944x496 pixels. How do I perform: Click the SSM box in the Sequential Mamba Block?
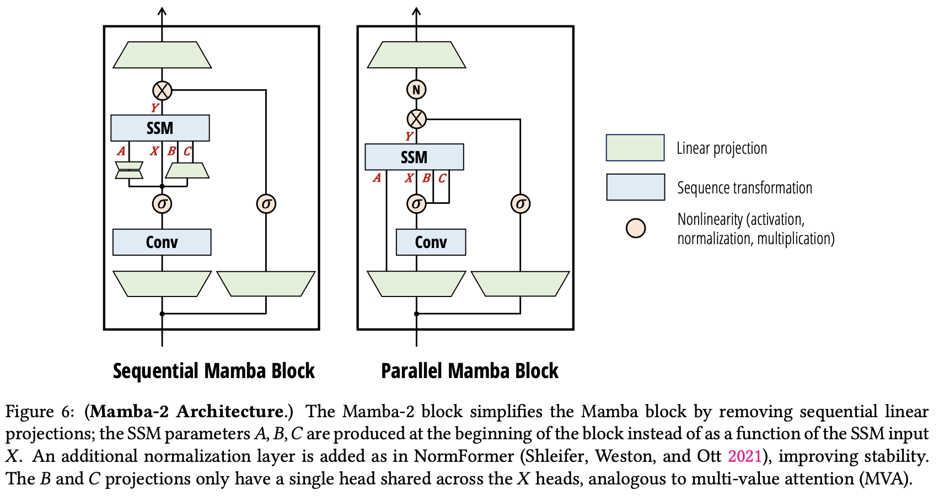[160, 128]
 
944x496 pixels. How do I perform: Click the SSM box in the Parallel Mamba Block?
[414, 157]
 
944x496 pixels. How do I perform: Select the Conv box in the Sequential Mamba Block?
[162, 242]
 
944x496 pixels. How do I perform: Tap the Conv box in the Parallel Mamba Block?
[431, 242]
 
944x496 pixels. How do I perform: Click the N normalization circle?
[416, 89]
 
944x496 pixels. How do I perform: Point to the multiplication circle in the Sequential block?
[162, 90]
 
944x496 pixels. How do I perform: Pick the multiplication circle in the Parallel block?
[416, 118]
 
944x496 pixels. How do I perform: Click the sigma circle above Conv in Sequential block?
[162, 203]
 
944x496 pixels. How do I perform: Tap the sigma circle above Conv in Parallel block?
[416, 203]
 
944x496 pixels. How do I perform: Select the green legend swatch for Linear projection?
[635, 148]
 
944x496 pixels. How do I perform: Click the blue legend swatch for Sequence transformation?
[635, 187]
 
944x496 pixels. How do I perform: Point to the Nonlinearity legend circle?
[636, 228]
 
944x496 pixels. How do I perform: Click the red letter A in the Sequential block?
[121, 151]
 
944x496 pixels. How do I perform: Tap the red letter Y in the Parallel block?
[409, 136]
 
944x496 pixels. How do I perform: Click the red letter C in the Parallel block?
[442, 178]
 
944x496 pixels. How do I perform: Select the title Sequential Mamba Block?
[213, 371]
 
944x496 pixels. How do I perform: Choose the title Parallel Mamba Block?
[470, 371]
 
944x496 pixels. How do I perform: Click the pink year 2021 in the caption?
[744, 456]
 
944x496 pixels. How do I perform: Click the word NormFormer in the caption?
[464, 456]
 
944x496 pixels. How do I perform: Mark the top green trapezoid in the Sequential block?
[162, 55]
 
